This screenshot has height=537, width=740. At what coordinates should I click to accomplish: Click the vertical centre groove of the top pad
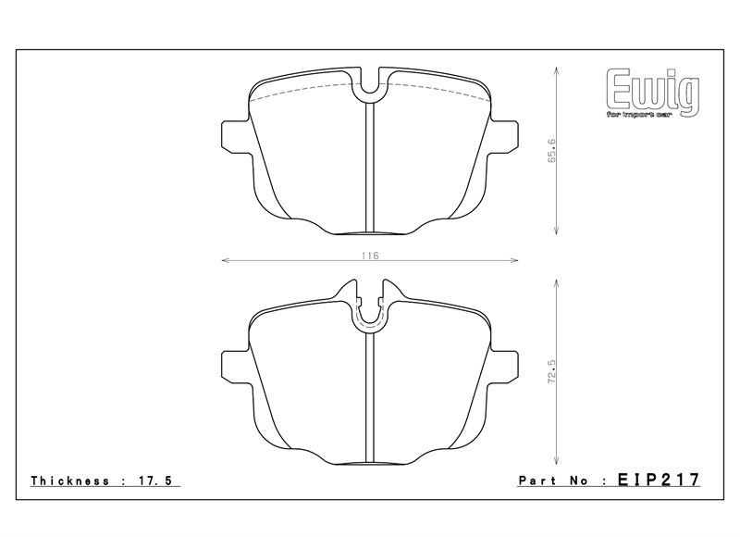coord(370,167)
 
